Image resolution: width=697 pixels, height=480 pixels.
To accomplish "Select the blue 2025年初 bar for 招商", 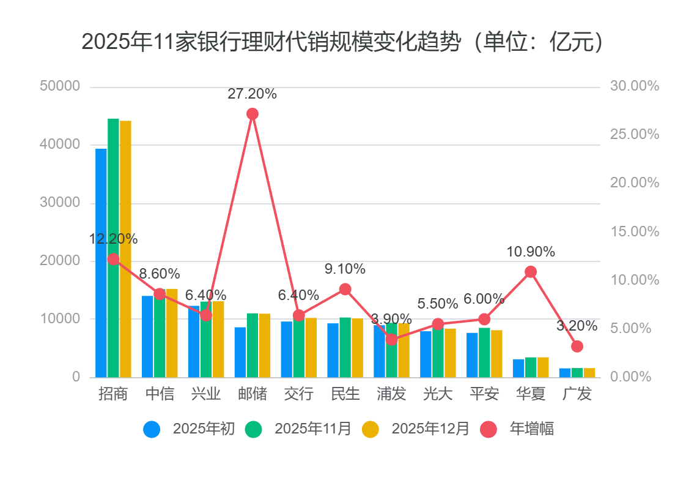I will [101, 263].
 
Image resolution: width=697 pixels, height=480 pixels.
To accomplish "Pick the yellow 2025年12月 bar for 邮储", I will [265, 345].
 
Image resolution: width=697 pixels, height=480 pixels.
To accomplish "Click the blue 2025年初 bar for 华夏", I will [518, 368].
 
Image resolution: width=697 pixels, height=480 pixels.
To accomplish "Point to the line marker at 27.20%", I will [253, 114].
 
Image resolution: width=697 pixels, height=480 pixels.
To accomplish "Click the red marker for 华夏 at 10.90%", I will [531, 272].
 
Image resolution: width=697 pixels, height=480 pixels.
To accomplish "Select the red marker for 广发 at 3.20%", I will [577, 347].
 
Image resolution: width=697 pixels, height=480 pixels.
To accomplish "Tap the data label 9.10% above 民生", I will [345, 269].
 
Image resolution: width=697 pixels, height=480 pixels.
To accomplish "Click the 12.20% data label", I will [113, 239].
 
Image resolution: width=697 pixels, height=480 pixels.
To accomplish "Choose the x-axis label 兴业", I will [206, 394].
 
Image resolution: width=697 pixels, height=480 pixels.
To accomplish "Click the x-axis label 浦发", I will [391, 394].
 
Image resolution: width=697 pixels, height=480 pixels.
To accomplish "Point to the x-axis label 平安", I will [484, 394].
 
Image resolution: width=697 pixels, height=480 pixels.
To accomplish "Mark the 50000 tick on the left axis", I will [60, 86].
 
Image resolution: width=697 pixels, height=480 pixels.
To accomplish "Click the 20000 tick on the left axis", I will [60, 261].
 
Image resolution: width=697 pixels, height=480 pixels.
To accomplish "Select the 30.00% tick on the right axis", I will [635, 86].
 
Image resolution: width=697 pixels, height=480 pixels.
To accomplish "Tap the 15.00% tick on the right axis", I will [635, 231].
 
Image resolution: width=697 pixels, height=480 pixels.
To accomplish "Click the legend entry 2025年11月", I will [313, 429].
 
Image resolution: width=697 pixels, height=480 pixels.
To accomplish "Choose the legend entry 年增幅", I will [532, 429].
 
